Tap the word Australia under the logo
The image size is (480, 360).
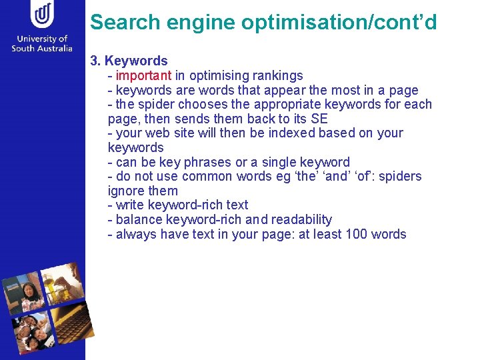53,49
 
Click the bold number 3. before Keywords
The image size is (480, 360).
95,61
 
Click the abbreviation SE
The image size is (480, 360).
319,119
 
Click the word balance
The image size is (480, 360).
141,219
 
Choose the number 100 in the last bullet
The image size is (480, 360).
359,234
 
